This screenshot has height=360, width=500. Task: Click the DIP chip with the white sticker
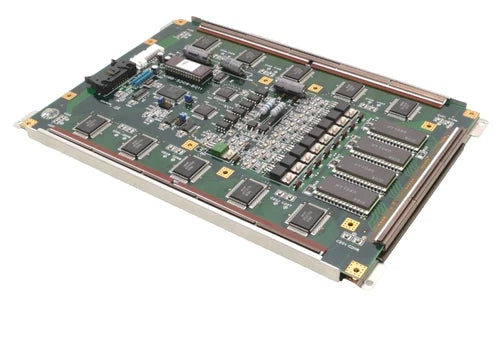pyautogui.click(x=189, y=68)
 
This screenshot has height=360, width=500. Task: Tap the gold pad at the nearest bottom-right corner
pyautogui.click(x=355, y=269)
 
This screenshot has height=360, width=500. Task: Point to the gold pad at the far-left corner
pyautogui.click(x=30, y=123)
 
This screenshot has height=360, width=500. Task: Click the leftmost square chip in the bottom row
pyautogui.click(x=91, y=125)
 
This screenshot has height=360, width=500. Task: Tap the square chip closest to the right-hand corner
pyautogui.click(x=403, y=108)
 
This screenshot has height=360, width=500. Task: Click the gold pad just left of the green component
pyautogui.click(x=190, y=146)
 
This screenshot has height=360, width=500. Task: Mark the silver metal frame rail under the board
pyautogui.click(x=170, y=210)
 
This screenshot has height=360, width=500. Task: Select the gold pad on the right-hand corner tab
pyautogui.click(x=469, y=114)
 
